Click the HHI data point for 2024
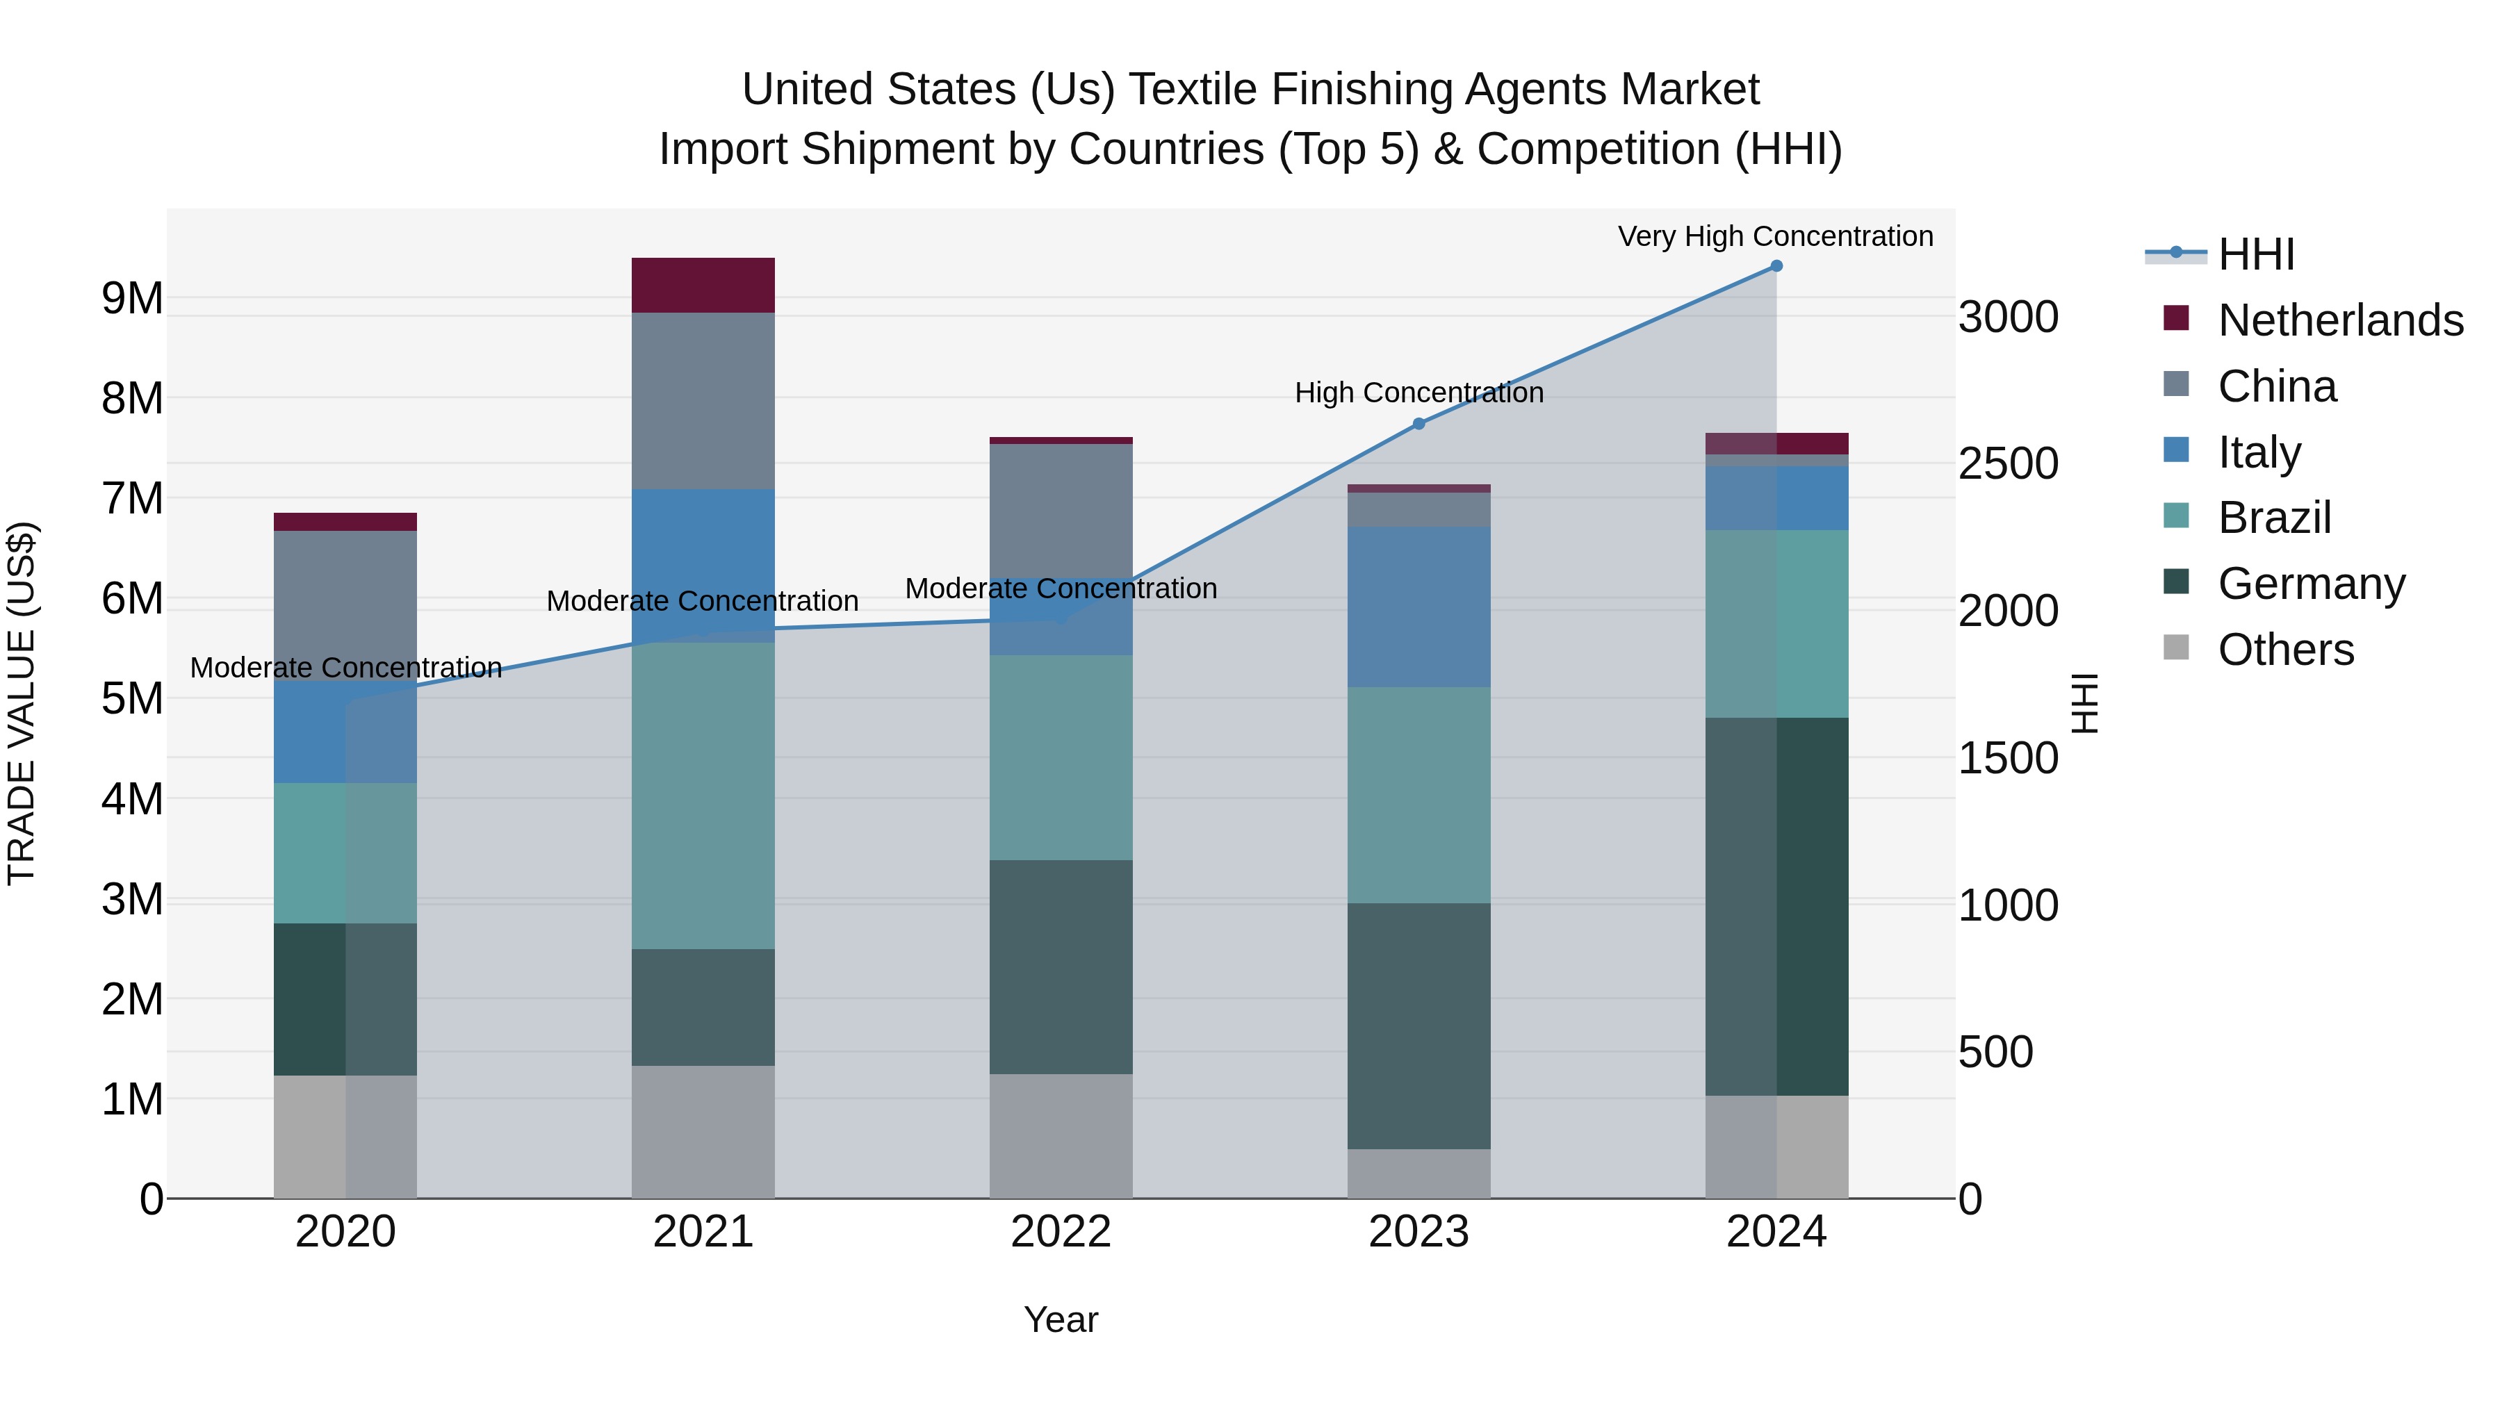[1776, 266]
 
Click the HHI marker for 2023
[1418, 423]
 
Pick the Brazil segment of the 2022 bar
[1061, 757]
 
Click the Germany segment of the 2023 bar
[1418, 1026]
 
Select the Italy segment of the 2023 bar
[1418, 607]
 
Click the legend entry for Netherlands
[2340, 320]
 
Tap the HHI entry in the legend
[2255, 254]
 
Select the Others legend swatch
[2177, 648]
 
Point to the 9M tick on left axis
[132, 298]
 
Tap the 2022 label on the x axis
[1061, 1232]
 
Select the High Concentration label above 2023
[1418, 393]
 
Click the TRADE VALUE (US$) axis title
[22, 703]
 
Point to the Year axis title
[1061, 1319]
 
